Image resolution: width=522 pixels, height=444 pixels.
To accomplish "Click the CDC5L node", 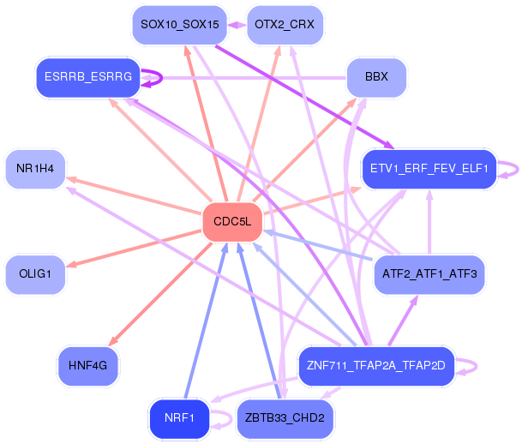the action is coord(232,222).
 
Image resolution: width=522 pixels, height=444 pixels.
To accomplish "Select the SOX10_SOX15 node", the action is coord(180,25).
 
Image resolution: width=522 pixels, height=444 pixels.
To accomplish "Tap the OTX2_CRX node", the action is coord(285,25).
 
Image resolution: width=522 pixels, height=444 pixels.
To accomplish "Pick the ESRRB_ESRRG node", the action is coord(88,77).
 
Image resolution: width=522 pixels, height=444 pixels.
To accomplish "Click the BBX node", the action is coord(376,77).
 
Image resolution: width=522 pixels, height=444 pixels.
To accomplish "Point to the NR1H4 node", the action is coord(35,169).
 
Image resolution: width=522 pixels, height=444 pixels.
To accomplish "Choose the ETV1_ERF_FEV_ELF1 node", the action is coord(429,169).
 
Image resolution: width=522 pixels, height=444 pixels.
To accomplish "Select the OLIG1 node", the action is coord(35,274).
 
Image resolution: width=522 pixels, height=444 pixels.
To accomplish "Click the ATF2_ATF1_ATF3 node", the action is coord(429,274).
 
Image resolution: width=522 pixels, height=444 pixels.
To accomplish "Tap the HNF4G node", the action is coord(88,366).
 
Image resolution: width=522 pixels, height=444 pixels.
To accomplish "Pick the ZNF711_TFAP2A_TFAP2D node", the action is coord(376,366).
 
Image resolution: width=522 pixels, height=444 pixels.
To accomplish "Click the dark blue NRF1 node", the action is coord(179,418).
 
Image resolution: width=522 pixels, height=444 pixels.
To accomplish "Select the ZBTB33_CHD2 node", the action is coord(285,418).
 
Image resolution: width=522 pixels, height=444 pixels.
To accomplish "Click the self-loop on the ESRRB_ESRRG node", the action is coord(162,78).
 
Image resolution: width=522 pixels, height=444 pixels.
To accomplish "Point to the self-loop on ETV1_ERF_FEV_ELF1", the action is coord(518,170).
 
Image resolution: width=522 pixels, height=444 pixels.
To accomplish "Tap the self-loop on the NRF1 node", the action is coord(231,418).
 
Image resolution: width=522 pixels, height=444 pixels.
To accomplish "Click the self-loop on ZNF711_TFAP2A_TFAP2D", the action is coord(476,367).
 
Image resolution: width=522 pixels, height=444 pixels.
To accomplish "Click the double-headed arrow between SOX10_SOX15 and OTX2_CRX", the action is coord(237,25).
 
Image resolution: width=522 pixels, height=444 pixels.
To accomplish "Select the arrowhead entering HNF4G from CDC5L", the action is coord(113,341).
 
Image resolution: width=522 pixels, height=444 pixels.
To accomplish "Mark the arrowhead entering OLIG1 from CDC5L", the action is coord(71,265).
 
